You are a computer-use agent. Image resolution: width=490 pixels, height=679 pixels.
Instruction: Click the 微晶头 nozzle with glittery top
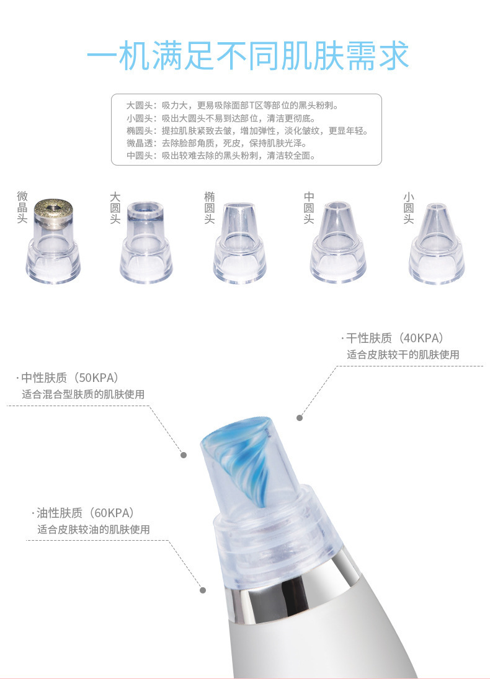click(x=53, y=241)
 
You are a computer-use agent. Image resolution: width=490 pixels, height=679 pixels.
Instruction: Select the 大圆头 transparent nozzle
click(x=146, y=242)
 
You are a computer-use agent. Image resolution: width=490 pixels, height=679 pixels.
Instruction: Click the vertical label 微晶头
click(x=22, y=207)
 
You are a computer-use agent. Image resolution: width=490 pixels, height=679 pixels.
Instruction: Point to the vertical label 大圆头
click(x=115, y=208)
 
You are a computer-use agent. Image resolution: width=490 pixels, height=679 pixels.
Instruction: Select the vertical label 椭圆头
click(x=209, y=208)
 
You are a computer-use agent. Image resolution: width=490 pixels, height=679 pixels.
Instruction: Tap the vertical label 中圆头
click(x=308, y=208)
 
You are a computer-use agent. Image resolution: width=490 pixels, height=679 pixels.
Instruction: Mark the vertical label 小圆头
click(x=408, y=208)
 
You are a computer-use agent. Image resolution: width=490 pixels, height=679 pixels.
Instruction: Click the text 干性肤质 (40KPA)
click(x=394, y=338)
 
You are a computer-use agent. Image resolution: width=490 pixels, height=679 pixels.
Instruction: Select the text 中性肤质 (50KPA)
click(x=69, y=378)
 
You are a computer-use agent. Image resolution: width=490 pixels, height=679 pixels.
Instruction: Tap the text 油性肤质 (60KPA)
click(x=86, y=513)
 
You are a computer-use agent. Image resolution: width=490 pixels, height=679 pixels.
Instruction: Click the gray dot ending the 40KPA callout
click(x=300, y=418)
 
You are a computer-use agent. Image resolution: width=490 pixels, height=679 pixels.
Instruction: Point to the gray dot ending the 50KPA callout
click(x=184, y=455)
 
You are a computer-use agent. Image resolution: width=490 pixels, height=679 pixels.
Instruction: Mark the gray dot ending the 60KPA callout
click(x=203, y=590)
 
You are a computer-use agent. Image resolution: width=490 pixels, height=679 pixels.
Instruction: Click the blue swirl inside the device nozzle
click(x=243, y=459)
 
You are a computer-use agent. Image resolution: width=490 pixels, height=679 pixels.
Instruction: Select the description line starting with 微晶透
click(x=216, y=143)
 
